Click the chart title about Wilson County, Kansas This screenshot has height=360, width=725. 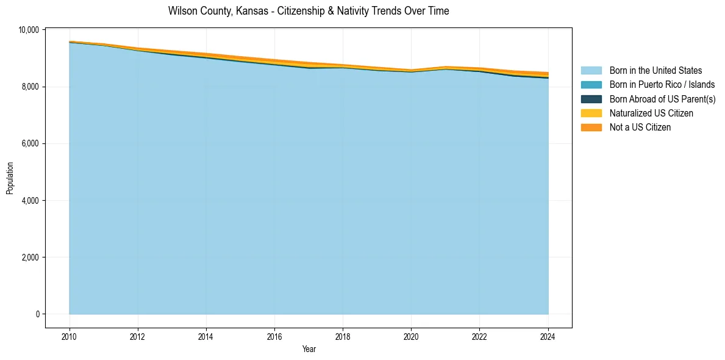(x=309, y=11)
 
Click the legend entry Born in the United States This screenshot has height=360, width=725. (x=655, y=71)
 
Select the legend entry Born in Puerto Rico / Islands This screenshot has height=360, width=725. (x=662, y=85)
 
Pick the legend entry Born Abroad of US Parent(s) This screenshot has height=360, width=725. (x=662, y=99)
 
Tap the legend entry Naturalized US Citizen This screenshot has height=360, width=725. (x=651, y=113)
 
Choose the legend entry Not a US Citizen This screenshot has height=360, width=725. (x=640, y=127)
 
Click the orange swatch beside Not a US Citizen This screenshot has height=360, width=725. (x=591, y=127)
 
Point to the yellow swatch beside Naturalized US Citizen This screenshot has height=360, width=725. (x=591, y=113)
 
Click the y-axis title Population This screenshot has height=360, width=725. (x=10, y=178)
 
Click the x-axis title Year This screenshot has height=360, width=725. (x=309, y=349)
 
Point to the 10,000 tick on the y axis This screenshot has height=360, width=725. (x=29, y=30)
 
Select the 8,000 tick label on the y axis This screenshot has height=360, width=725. (x=30, y=87)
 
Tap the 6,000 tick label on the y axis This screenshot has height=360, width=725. (x=30, y=143)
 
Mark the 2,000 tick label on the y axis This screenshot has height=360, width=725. (x=30, y=257)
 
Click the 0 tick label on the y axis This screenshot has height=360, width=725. (x=37, y=314)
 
